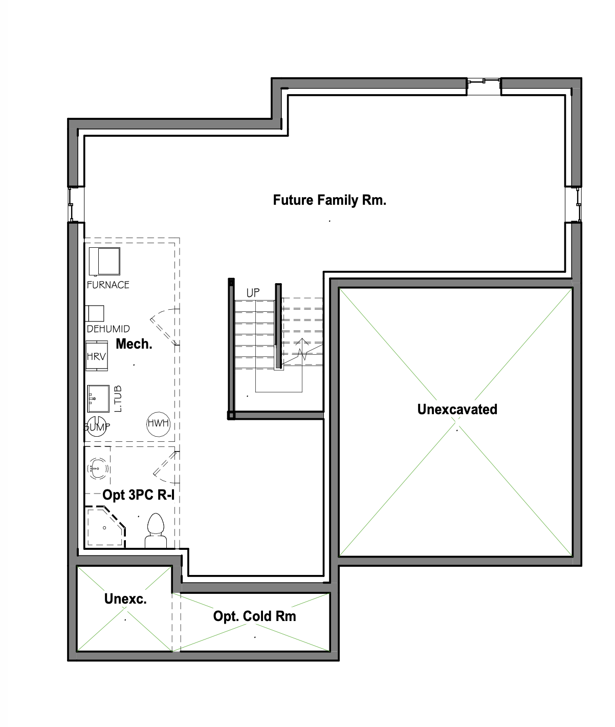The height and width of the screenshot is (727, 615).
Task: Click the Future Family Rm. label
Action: (x=330, y=200)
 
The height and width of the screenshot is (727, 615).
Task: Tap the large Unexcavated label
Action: (x=457, y=410)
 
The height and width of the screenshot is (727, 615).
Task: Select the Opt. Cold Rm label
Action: (x=254, y=616)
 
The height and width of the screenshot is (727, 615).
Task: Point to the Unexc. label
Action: (x=125, y=598)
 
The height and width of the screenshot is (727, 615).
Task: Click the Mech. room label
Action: (x=134, y=344)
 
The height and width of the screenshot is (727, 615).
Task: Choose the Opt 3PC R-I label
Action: (x=139, y=495)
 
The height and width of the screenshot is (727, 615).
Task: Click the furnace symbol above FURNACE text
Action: (x=104, y=261)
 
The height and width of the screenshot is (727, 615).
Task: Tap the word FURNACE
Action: (x=108, y=285)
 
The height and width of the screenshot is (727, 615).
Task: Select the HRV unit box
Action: (x=97, y=356)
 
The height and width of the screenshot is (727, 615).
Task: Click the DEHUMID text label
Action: (x=108, y=329)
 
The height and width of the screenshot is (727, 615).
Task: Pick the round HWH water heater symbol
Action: (x=158, y=424)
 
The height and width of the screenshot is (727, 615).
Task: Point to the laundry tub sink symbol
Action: (x=98, y=398)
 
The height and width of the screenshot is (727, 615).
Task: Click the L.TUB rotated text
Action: (x=118, y=399)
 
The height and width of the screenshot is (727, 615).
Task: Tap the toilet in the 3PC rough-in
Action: (x=156, y=530)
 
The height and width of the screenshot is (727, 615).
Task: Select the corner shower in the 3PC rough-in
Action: (x=105, y=527)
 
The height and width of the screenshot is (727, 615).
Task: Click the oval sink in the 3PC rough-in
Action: (x=98, y=468)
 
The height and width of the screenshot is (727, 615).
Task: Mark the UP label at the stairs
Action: (x=253, y=293)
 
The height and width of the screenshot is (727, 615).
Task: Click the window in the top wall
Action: (x=484, y=86)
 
